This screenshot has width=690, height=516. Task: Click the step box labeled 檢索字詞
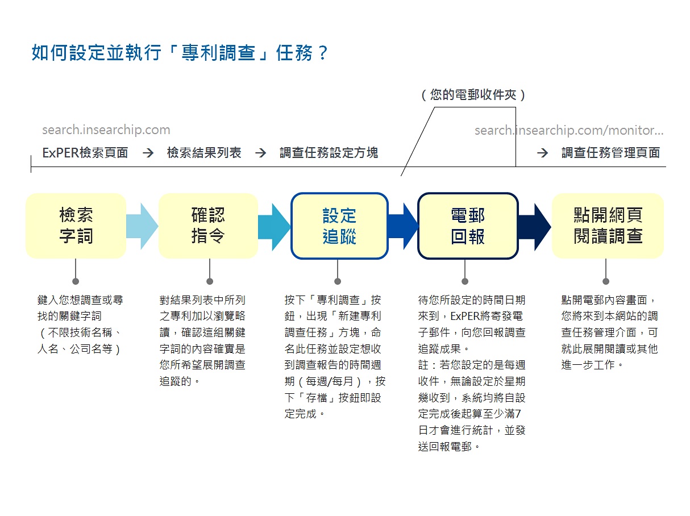[76, 226]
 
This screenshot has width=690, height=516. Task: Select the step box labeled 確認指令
[208, 226]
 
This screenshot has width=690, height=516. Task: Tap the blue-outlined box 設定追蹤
[339, 226]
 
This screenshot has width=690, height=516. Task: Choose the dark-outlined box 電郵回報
[468, 226]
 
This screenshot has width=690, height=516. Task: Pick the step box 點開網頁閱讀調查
[608, 226]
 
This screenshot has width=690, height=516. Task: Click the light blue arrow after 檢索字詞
[142, 226]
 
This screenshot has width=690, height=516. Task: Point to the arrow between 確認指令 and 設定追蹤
[274, 226]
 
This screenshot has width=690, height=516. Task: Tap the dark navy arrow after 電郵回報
[534, 226]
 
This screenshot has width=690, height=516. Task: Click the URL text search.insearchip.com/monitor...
[569, 130]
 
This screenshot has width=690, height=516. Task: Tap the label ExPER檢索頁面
[85, 153]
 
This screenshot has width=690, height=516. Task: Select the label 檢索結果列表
[204, 153]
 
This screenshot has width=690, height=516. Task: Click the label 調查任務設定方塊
[329, 153]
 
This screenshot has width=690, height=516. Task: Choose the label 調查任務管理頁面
[610, 153]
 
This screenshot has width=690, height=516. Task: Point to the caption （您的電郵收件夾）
[473, 95]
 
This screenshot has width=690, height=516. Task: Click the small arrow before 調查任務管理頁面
[542, 153]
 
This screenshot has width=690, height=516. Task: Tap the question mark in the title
[323, 53]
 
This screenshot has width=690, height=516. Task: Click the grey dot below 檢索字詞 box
[76, 281]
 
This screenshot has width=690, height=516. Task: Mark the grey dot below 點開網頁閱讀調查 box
[606, 281]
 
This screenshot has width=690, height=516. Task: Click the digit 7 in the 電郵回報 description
[518, 414]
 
